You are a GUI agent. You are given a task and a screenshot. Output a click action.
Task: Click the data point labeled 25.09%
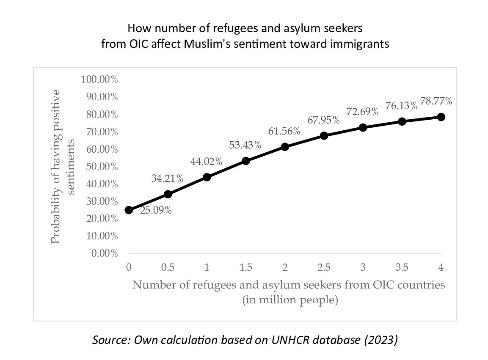tap(129, 210)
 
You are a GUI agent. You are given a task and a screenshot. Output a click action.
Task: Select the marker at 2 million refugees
tap(285, 147)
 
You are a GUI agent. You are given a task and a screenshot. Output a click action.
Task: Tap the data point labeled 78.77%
tap(441, 117)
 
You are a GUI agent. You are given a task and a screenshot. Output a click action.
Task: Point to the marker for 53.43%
tap(246, 161)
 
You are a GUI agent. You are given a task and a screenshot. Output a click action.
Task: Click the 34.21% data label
tap(167, 179)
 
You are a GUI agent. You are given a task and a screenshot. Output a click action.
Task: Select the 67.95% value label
tap(324, 120)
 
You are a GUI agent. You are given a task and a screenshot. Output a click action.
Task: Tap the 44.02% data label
tap(207, 161)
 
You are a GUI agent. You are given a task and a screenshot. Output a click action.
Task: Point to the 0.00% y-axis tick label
tap(104, 253)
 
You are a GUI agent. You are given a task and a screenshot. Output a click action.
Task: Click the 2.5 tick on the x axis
tap(324, 267)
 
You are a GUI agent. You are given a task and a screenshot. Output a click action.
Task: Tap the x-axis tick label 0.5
tap(168, 267)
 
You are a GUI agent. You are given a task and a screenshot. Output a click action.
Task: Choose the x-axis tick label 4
tap(441, 267)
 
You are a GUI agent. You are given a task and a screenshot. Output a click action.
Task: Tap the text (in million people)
tap(289, 300)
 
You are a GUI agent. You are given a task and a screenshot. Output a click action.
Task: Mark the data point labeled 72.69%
tap(363, 127)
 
